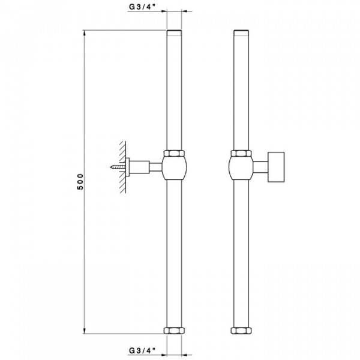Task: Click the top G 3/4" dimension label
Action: click(x=142, y=7)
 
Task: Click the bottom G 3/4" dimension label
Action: click(x=142, y=350)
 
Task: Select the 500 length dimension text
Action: click(x=80, y=182)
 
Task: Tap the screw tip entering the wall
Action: click(x=111, y=167)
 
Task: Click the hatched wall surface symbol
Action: click(x=123, y=167)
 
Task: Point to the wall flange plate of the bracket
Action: click(x=127, y=167)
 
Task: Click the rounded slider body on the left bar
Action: click(x=174, y=167)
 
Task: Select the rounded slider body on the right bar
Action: click(x=241, y=167)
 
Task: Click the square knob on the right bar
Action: click(x=276, y=167)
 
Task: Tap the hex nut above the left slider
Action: click(x=174, y=154)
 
